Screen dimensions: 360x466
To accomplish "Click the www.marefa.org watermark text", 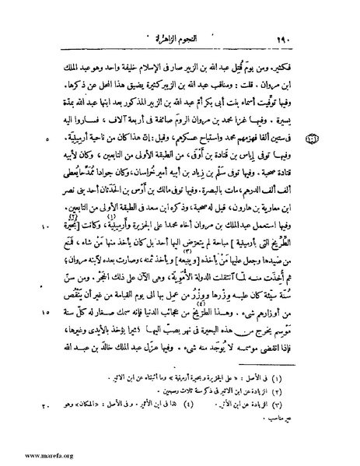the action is click(x=30, y=456).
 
